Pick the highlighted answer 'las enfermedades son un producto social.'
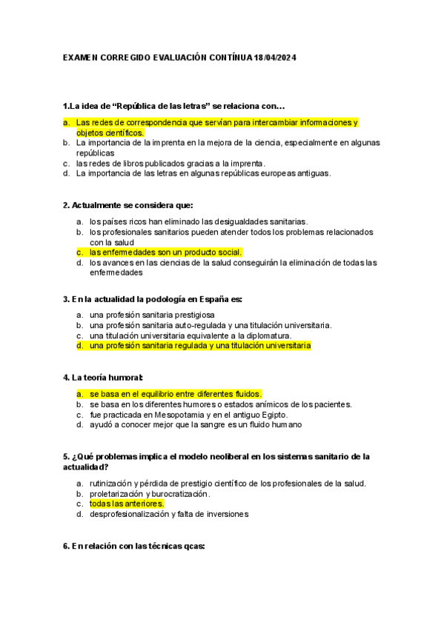[165, 252]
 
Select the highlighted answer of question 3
[199, 346]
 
